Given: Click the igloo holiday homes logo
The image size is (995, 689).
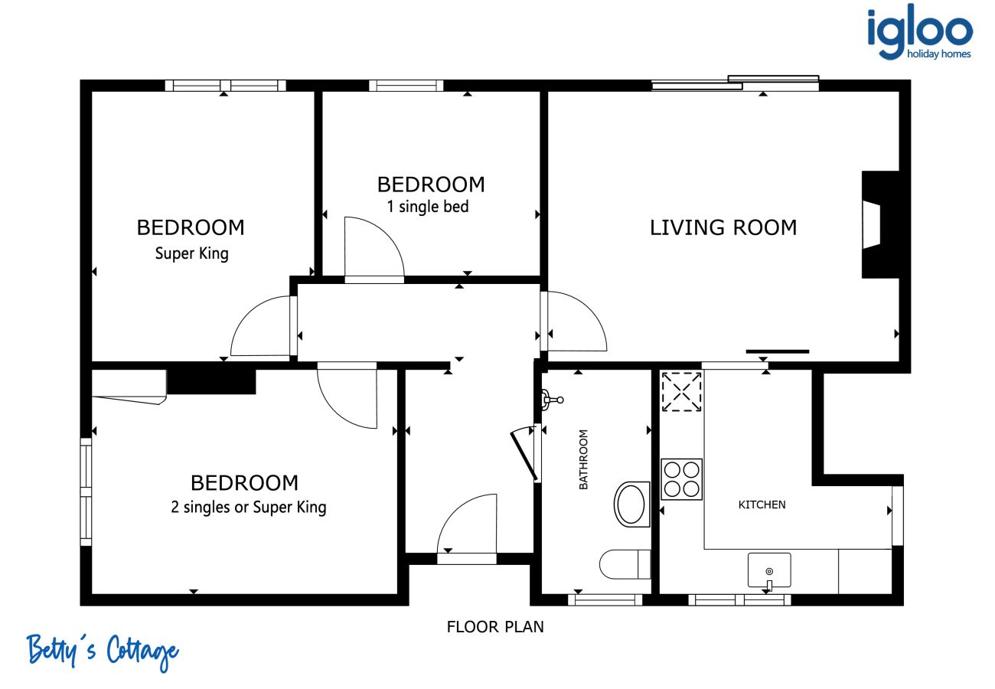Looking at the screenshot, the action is coord(920,32).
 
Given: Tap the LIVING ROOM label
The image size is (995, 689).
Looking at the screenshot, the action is coord(723,228).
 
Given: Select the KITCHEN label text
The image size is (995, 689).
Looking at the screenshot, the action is coord(762,505).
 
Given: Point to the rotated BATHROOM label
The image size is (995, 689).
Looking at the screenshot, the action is coord(583,459).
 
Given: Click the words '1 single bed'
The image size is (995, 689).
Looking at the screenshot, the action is coord(428,207).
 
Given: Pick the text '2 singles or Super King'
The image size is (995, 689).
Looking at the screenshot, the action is coord(249,508).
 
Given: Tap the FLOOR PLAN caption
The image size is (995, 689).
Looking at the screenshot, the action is coord(495,627).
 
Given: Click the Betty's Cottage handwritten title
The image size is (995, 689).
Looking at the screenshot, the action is coord(103,651).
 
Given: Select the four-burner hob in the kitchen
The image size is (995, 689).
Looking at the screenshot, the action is coord(681,479).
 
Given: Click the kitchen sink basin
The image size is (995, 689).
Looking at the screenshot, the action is coord(769,570).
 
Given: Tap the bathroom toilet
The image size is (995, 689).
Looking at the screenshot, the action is coord(625,564).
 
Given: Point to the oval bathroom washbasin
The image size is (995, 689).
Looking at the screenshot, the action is coord(631,505).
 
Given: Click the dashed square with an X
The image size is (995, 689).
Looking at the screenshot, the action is coord(681,391).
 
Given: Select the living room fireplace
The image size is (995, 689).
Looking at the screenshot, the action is coord(881,224).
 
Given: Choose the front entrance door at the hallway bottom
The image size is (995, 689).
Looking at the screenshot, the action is coord(466,529).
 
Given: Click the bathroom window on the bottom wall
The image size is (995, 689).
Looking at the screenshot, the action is coord(605,599).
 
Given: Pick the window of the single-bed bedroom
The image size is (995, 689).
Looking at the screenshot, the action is coord(406,86).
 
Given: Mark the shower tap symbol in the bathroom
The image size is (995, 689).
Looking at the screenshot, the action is coord(552,400).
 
